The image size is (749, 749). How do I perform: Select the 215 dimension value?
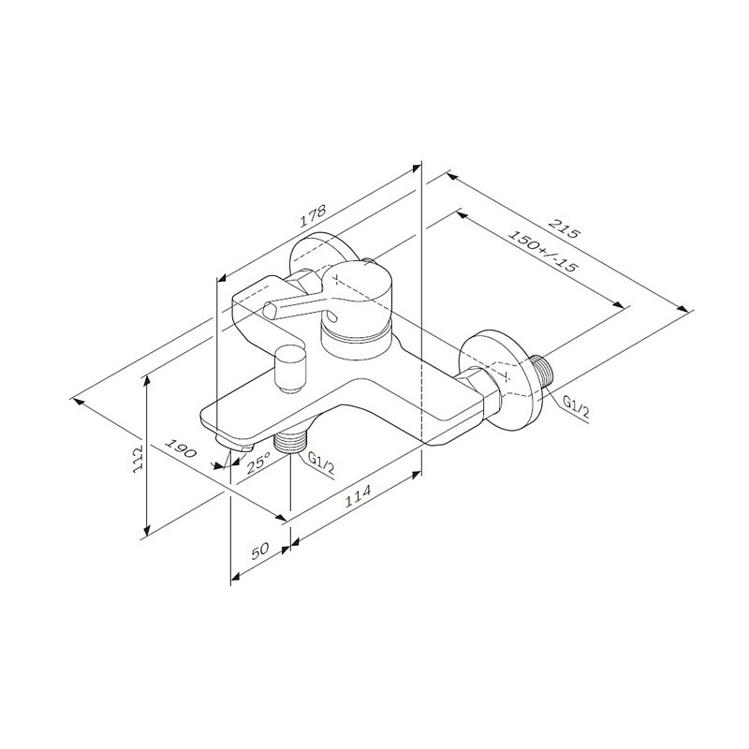(564, 228)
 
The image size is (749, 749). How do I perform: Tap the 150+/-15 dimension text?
(542, 251)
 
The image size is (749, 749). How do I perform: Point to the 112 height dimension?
(138, 459)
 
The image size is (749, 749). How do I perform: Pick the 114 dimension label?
(358, 497)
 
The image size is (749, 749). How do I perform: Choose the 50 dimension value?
(260, 551)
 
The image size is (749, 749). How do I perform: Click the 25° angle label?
(258, 463)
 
